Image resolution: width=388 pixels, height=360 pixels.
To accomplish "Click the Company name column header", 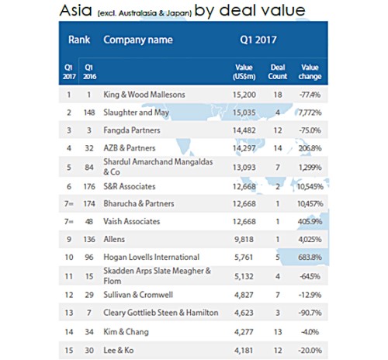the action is pyautogui.click(x=138, y=40).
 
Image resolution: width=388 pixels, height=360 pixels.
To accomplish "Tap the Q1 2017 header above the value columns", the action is pyautogui.click(x=258, y=40).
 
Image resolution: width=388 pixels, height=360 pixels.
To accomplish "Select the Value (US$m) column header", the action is pyautogui.click(x=244, y=72).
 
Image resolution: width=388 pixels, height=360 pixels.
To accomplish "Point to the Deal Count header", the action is pyautogui.click(x=278, y=72).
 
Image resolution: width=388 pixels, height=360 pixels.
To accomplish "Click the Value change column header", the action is pyautogui.click(x=310, y=72).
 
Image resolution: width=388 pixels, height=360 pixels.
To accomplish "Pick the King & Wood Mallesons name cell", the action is pyautogui.click(x=144, y=95).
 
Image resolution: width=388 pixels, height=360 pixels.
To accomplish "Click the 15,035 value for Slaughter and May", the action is pyautogui.click(x=244, y=112).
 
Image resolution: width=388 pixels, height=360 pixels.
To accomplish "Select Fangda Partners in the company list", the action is pyautogui.click(x=132, y=130).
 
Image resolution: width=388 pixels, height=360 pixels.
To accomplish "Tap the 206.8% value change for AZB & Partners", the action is pyautogui.click(x=310, y=148).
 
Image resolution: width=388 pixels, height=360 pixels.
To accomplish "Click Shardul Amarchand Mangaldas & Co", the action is pyautogui.click(x=158, y=167).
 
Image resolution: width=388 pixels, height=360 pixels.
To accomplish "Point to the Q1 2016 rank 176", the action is pyautogui.click(x=89, y=186).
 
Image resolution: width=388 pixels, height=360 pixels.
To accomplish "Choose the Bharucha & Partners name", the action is pyautogui.click(x=139, y=204).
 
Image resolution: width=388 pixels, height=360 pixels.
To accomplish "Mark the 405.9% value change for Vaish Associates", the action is pyautogui.click(x=310, y=222).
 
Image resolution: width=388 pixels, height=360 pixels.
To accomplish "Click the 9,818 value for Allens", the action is pyautogui.click(x=244, y=240).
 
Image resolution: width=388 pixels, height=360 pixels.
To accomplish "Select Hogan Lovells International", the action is pyautogui.click(x=151, y=257).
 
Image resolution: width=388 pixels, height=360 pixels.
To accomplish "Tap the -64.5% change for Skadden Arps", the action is pyautogui.click(x=310, y=276).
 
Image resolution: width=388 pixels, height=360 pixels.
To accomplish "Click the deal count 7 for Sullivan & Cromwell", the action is pyautogui.click(x=278, y=295).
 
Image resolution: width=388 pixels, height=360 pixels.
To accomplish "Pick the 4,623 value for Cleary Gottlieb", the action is pyautogui.click(x=244, y=313).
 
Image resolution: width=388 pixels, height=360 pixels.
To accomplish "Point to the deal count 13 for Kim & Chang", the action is pyautogui.click(x=278, y=332).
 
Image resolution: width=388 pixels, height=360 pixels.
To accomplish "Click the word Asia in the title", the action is pyautogui.click(x=75, y=11).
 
